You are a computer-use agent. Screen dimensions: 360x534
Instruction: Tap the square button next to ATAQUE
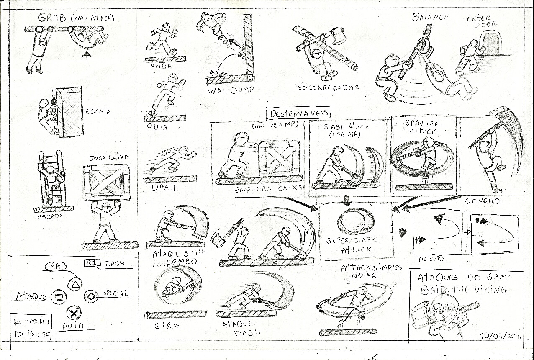coord(59,297)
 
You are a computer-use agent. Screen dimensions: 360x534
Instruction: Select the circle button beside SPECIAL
coord(90,296)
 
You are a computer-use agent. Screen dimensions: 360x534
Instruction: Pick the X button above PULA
coord(74,313)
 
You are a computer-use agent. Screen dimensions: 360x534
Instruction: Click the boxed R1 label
coord(90,263)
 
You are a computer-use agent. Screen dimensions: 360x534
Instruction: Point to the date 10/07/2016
coord(501,336)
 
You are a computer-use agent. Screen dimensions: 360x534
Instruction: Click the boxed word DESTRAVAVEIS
coord(299,113)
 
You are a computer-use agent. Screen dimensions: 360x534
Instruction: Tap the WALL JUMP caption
coord(230,90)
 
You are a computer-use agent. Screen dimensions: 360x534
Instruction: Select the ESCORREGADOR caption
coord(328,87)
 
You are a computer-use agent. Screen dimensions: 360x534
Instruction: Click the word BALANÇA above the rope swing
coord(430,17)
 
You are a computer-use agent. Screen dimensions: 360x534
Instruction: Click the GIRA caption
coord(166,325)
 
